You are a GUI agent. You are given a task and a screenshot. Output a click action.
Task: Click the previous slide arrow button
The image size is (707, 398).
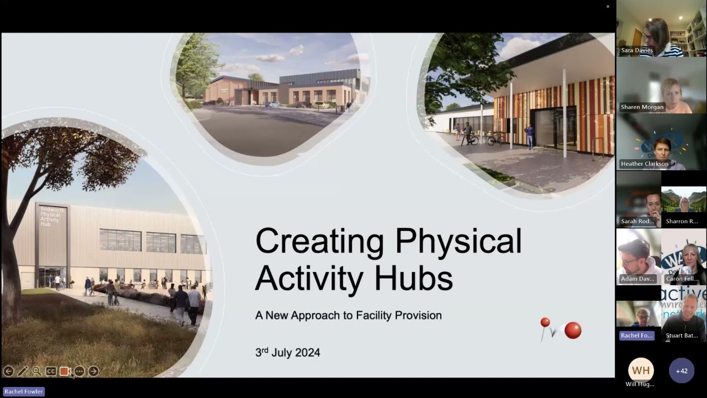8,371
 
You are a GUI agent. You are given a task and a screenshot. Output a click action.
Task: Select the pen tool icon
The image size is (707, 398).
23,371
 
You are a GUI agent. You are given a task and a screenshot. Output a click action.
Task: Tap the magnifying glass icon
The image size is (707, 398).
36,371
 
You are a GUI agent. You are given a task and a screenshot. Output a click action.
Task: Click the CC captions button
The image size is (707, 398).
51,371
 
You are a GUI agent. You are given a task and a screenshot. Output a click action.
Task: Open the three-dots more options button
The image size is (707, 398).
80,371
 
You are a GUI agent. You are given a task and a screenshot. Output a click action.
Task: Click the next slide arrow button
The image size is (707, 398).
93,371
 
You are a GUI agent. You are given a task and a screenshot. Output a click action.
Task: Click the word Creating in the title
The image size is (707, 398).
319,242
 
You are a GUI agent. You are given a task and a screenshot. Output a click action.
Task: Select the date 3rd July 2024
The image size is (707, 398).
287,353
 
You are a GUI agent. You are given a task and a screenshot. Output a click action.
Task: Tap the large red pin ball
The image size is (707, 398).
573,331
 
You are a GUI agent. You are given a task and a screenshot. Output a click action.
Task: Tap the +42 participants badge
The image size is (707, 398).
682,371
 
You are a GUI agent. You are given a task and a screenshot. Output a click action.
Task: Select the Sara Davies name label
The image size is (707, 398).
637,50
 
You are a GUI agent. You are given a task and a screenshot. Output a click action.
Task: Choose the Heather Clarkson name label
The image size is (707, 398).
644,164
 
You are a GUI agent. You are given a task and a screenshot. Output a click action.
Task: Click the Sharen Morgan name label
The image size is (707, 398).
642,107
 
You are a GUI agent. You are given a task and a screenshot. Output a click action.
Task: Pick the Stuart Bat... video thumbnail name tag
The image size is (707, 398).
682,336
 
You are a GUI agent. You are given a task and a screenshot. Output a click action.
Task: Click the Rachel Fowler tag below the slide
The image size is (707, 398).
24,391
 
